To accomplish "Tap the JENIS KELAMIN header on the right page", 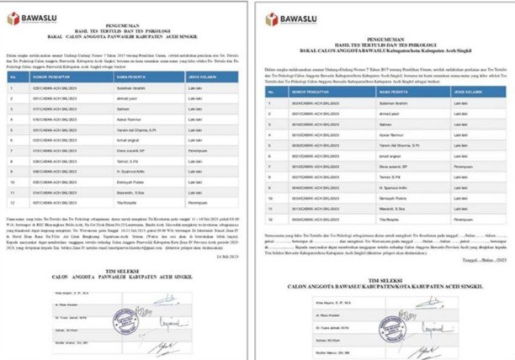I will pos(468,91).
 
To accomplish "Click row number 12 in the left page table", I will pos(13,203).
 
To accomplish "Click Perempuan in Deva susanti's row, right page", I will pos(465,166).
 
